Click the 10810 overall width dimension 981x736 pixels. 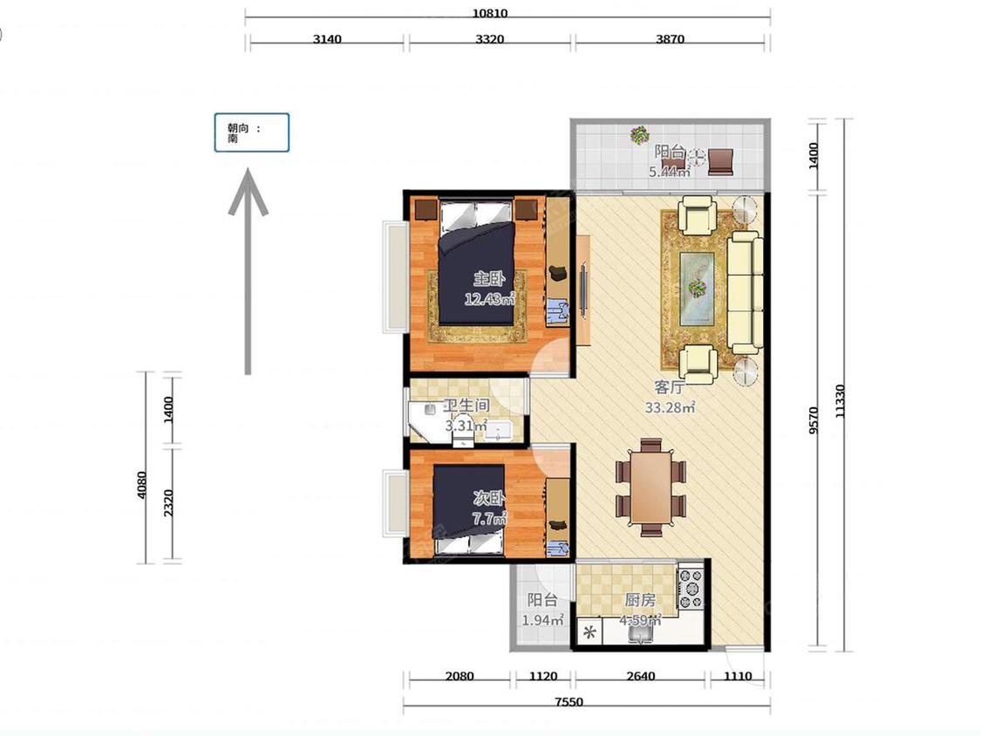(490, 13)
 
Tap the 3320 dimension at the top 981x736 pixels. (489, 38)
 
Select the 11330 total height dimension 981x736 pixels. (841, 401)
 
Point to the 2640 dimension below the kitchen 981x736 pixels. (641, 676)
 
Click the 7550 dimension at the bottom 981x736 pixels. (569, 702)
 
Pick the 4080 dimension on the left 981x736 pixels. (142, 485)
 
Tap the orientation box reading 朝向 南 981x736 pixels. (251, 133)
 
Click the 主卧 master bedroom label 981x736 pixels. (488, 278)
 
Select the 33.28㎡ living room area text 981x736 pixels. (670, 407)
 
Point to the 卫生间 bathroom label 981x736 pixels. (467, 405)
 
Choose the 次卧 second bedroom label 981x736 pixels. (489, 498)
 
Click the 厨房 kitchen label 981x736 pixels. (640, 600)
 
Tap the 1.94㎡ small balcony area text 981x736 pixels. (543, 620)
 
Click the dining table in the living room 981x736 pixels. (651, 487)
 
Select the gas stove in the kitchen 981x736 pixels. (691, 588)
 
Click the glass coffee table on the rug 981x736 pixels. (698, 288)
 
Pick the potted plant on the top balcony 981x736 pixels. (639, 134)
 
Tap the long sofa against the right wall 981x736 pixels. (745, 292)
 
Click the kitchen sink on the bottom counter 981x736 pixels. (639, 634)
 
